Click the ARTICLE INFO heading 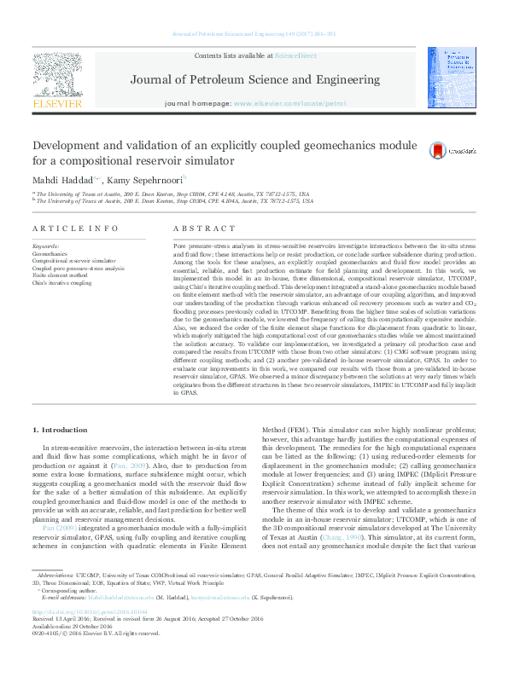[75, 229]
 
